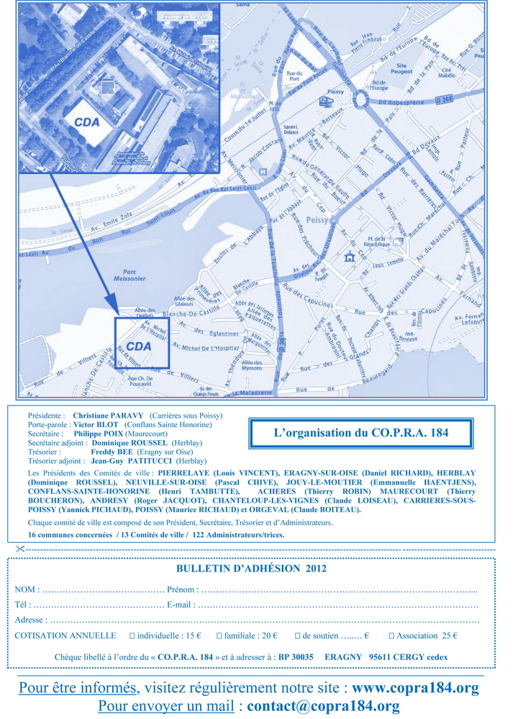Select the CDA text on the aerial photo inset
pyautogui.click(x=86, y=122)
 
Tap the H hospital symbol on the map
pyautogui.click(x=263, y=172)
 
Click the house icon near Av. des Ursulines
pyautogui.click(x=350, y=257)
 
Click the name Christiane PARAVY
pyautogui.click(x=109, y=416)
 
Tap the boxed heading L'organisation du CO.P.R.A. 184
pyautogui.click(x=360, y=434)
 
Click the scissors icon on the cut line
pyautogui.click(x=19, y=549)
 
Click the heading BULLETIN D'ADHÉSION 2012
pyautogui.click(x=251, y=568)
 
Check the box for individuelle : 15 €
pyautogui.click(x=132, y=636)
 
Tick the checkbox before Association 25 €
pyautogui.click(x=391, y=636)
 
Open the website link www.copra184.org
pyautogui.click(x=415, y=688)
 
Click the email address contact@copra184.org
pyautogui.click(x=323, y=706)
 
